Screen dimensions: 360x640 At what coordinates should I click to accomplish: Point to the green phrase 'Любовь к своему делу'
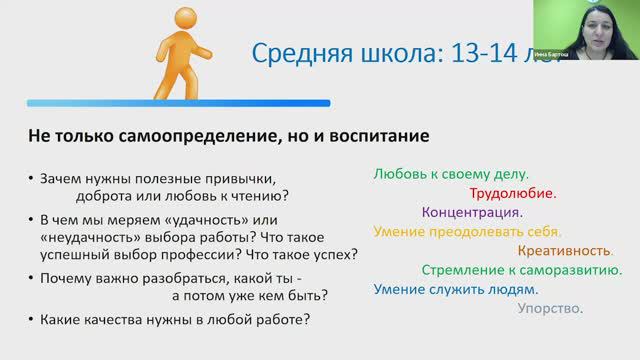(451, 173)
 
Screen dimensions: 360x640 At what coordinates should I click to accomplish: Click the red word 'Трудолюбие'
(513, 193)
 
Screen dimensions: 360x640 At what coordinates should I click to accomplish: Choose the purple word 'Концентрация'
(473, 212)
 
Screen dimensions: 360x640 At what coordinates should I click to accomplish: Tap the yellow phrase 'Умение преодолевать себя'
(467, 231)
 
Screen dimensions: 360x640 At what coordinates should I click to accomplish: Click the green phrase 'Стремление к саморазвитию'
(522, 270)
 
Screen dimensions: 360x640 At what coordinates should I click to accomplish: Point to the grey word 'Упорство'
(550, 309)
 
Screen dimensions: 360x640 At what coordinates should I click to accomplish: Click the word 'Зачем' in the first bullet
(62, 178)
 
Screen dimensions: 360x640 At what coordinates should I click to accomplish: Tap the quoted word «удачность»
(216, 219)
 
